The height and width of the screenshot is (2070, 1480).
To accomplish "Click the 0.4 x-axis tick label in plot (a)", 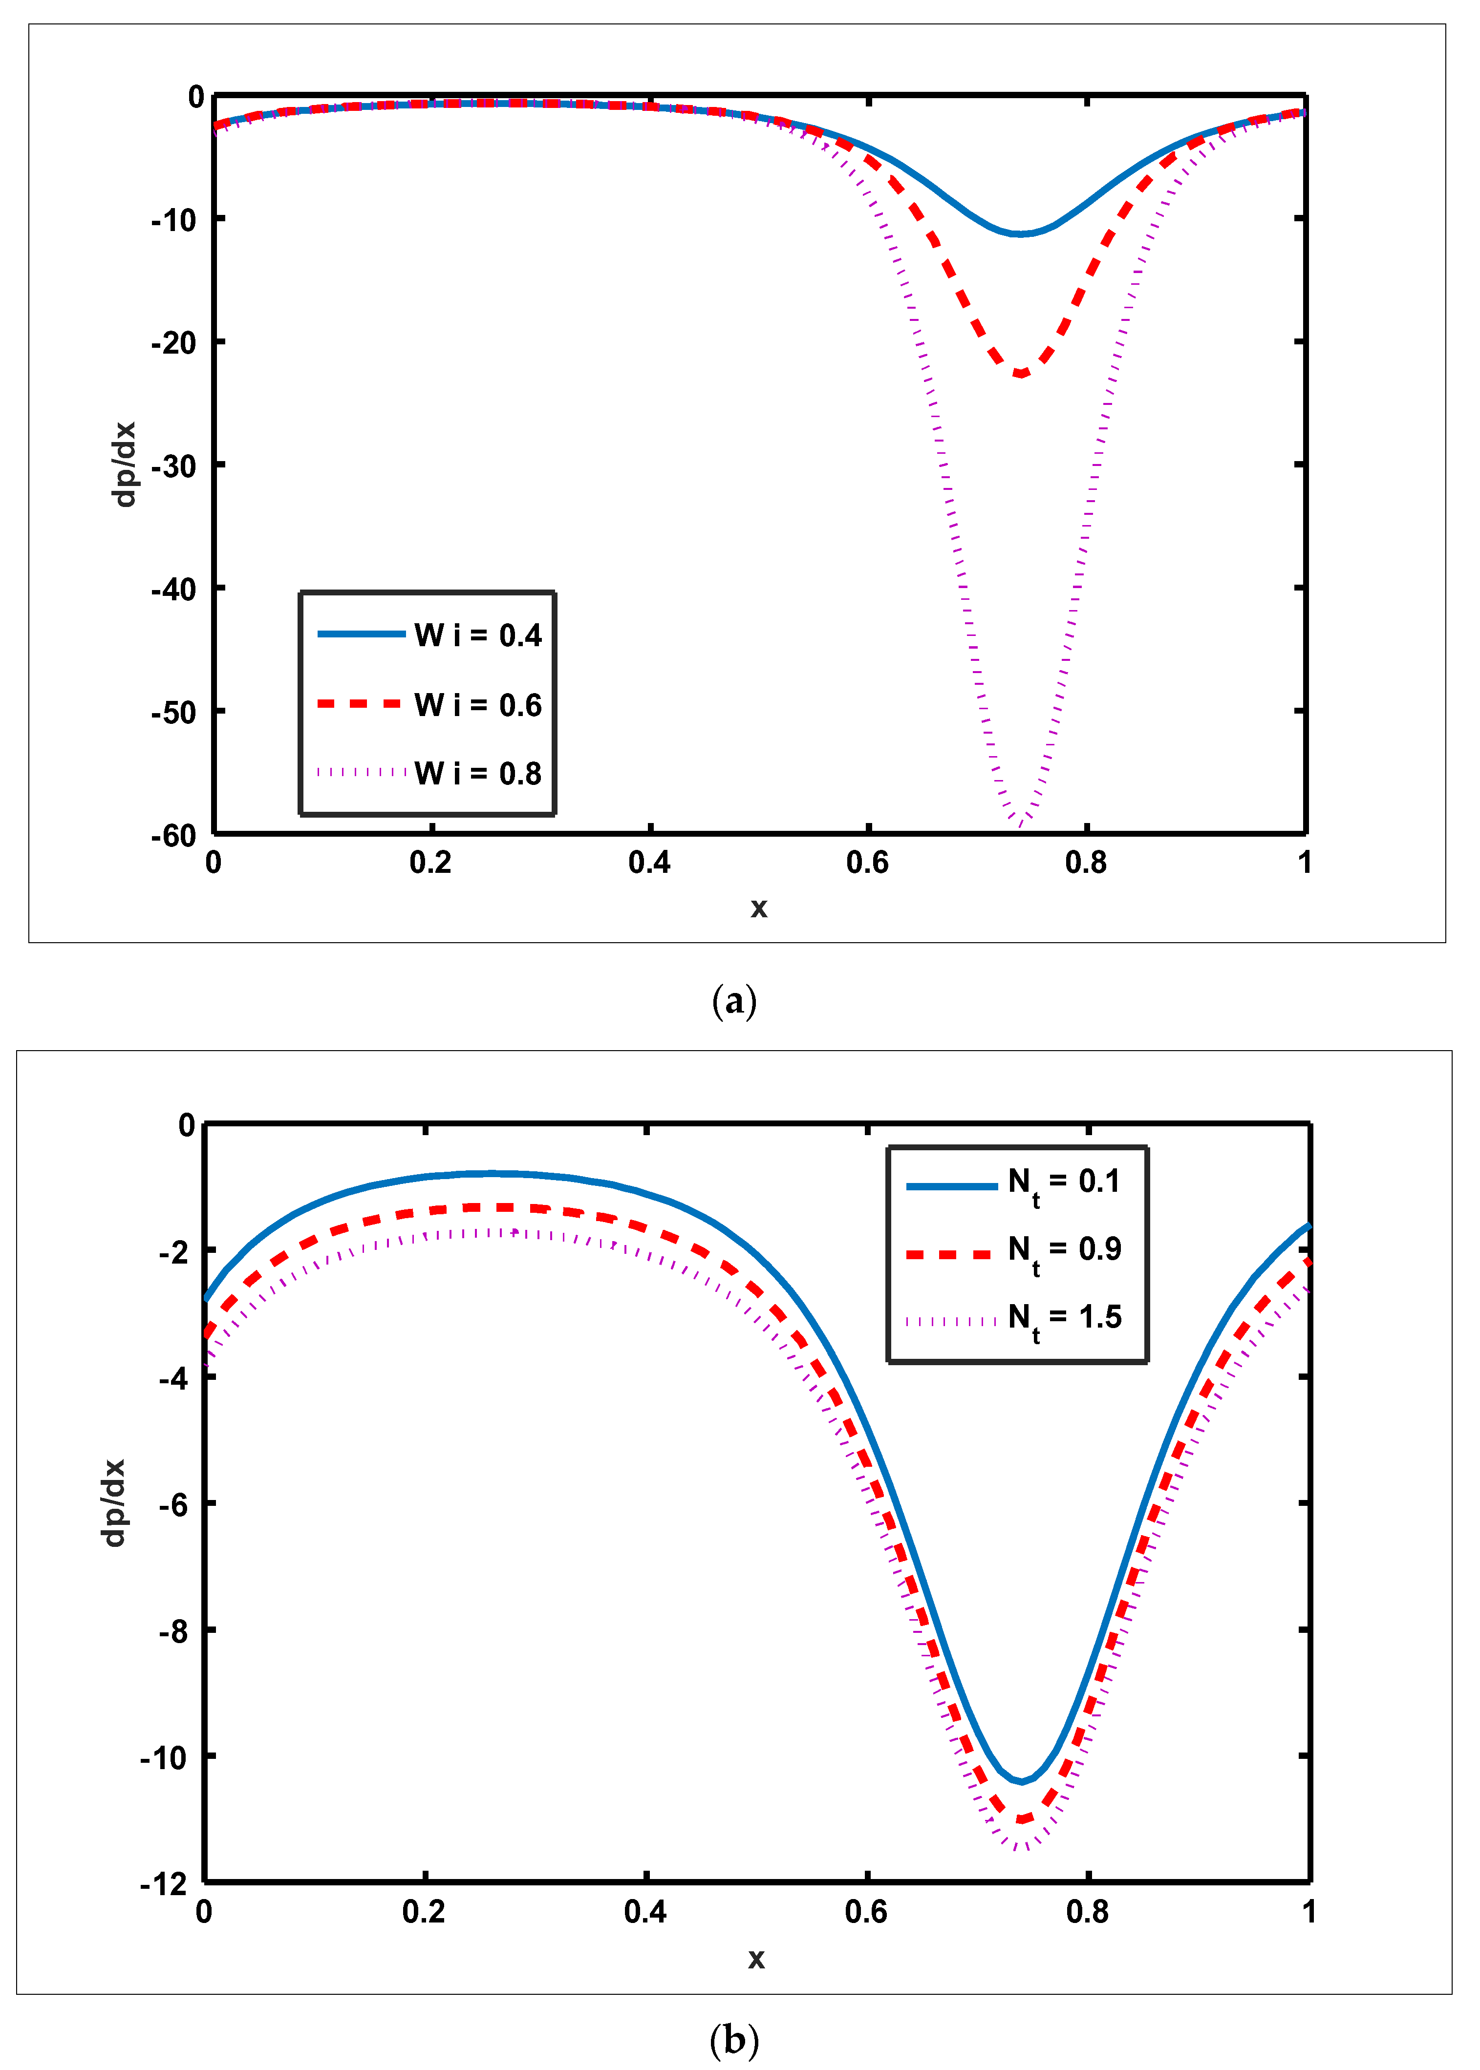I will [x=649, y=862].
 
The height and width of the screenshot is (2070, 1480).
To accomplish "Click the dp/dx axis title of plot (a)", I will [x=124, y=465].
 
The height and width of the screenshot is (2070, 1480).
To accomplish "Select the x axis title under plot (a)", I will [x=758, y=908].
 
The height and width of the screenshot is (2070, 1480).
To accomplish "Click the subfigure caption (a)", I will [x=733, y=1001].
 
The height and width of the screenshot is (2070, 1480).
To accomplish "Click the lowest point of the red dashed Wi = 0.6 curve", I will [x=1022, y=374].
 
